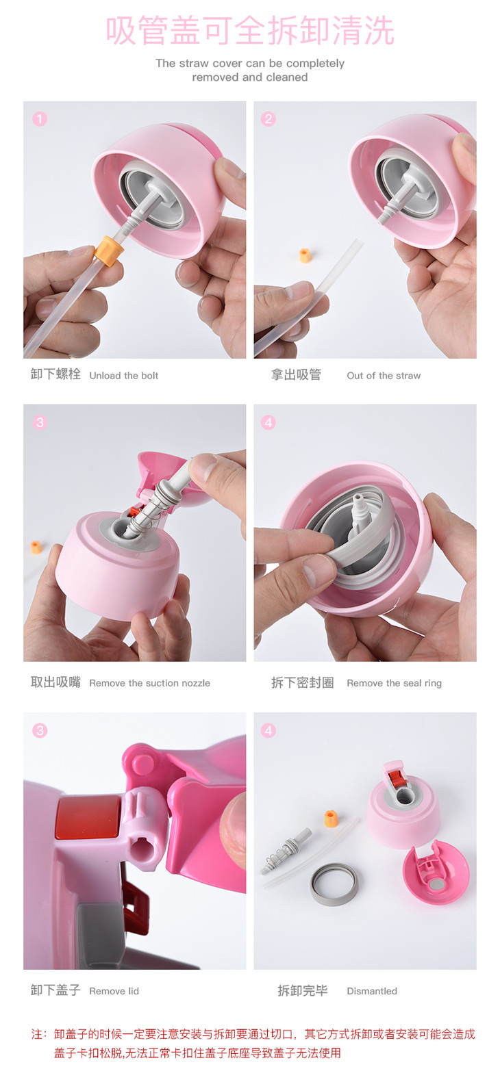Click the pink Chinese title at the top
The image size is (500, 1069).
[x=250, y=30]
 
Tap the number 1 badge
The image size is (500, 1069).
[x=40, y=118]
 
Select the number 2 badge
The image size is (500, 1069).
[x=268, y=118]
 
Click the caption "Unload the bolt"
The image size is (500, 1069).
[x=124, y=376]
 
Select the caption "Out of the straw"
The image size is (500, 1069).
[x=384, y=376]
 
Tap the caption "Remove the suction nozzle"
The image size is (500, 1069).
[x=149, y=683]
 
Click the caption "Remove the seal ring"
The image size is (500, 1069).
[x=394, y=683]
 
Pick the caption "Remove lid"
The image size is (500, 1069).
[x=114, y=991]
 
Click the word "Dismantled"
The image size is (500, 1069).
[x=371, y=991]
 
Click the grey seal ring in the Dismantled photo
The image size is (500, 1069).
[x=334, y=897]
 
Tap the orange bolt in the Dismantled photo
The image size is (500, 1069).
[x=331, y=818]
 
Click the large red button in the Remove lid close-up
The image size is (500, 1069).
[x=88, y=817]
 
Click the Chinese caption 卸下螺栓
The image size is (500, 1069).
[x=55, y=374]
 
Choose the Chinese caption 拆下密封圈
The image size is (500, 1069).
[x=302, y=682]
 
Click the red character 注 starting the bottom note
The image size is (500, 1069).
[x=37, y=1034]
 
